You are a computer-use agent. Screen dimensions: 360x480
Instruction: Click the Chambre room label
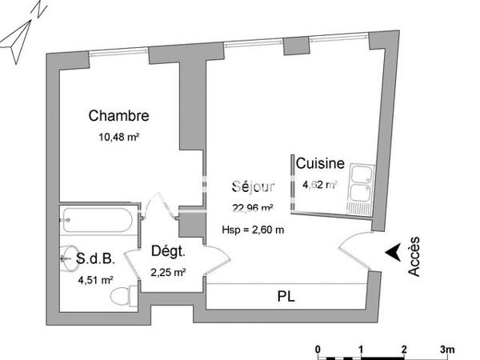pyautogui.click(x=119, y=116)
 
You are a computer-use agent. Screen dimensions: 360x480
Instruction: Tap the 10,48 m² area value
pyautogui.click(x=119, y=137)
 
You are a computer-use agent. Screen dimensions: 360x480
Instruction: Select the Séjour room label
pyautogui.click(x=253, y=187)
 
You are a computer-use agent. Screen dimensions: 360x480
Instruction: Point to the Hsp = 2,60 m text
pyautogui.click(x=253, y=230)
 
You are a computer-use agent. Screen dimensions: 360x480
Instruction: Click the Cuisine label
pyautogui.click(x=320, y=164)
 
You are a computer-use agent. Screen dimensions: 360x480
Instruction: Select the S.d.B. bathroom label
pyautogui.click(x=97, y=259)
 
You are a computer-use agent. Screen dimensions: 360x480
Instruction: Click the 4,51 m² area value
pyautogui.click(x=95, y=280)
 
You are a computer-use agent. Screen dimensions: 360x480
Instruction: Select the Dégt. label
pyautogui.click(x=168, y=252)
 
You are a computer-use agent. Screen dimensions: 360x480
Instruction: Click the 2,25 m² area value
pyautogui.click(x=168, y=272)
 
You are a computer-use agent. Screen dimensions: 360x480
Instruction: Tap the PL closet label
pyautogui.click(x=286, y=296)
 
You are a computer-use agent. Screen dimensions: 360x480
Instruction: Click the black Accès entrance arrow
pyautogui.click(x=392, y=253)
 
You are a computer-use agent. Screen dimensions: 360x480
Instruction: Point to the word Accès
pyautogui.click(x=414, y=259)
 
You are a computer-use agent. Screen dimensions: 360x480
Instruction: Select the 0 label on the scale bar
pyautogui.click(x=318, y=350)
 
